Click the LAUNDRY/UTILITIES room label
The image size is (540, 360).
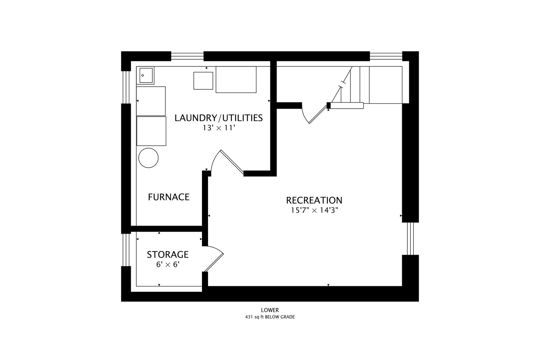[x=218, y=118]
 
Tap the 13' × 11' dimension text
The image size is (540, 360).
[x=219, y=128]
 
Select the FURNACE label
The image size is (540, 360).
[x=169, y=197]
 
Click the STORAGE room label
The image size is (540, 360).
[x=168, y=254]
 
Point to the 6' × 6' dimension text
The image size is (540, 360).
[x=168, y=265]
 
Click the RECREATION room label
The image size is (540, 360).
[x=314, y=200]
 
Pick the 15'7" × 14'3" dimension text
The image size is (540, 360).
[x=314, y=210]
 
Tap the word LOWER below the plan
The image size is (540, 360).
[x=270, y=310]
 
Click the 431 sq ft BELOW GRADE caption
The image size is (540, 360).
[x=270, y=317]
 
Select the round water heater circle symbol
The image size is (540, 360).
[x=148, y=158]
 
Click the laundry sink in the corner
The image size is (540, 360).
[x=145, y=75]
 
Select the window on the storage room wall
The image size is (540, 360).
[x=126, y=250]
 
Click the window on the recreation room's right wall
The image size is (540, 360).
[x=410, y=238]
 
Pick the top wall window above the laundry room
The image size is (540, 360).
[x=187, y=56]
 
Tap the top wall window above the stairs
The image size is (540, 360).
[x=386, y=56]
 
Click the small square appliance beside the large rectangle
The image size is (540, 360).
[x=203, y=81]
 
